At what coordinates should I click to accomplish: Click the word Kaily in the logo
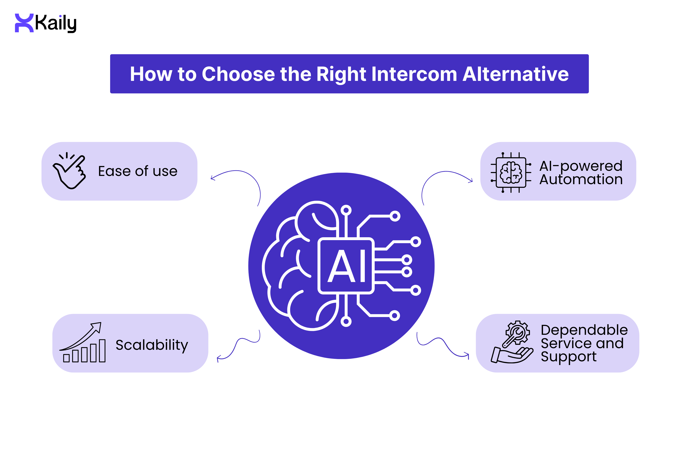56,23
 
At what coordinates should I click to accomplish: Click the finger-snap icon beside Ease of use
69,171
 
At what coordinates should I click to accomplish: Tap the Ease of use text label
137,171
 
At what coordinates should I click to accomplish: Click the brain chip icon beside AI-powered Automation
511,172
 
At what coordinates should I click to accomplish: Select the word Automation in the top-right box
581,179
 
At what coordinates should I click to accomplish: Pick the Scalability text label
152,345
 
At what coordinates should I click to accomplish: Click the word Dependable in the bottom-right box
584,330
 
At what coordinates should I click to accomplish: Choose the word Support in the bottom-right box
568,356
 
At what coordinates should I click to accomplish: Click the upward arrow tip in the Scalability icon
98,325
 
